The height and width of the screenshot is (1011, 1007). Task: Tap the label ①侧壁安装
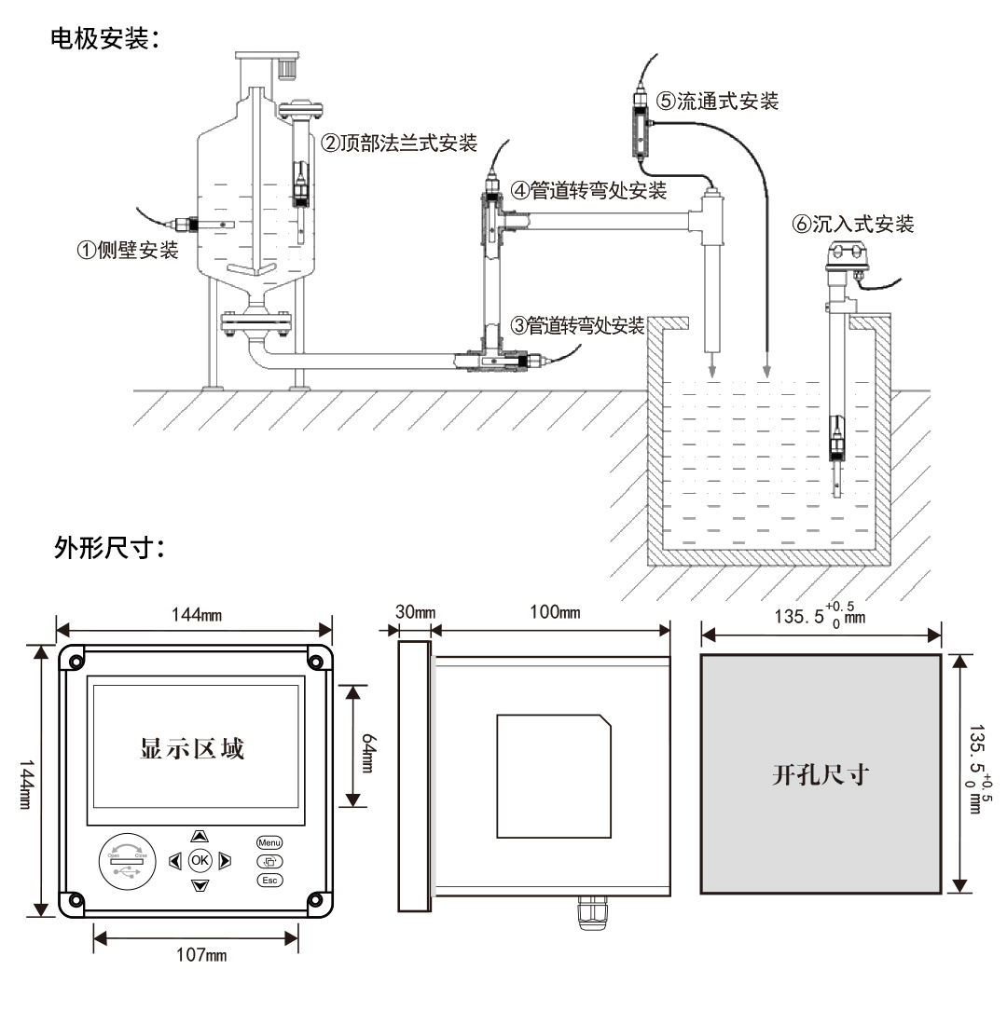click(127, 251)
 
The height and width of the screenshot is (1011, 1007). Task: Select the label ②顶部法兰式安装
click(399, 143)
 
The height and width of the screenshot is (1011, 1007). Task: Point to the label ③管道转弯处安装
click(578, 326)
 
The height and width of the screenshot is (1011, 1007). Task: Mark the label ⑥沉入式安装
click(851, 224)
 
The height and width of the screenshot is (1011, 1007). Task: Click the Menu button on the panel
click(269, 842)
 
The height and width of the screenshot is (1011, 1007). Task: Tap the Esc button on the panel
click(269, 880)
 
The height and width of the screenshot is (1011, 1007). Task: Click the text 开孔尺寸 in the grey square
click(821, 775)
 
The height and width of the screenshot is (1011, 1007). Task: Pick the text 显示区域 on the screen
click(192, 747)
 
